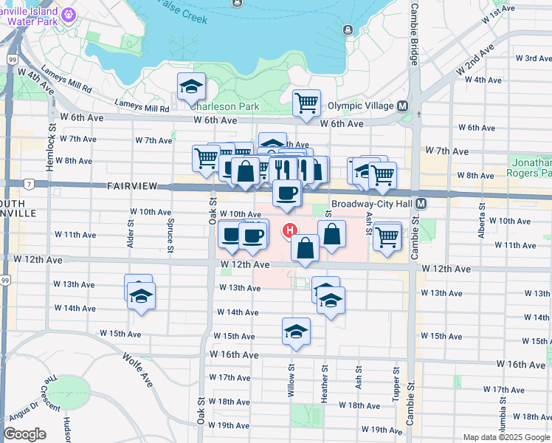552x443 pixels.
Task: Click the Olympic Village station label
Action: coord(361,106)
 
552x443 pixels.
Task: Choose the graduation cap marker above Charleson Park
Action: coord(191,87)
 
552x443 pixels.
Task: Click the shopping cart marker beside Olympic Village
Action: coord(306,103)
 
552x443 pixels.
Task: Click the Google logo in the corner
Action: coord(24,434)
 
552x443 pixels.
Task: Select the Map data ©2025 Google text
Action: coord(507,437)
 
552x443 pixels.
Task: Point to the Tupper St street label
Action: coord(396,384)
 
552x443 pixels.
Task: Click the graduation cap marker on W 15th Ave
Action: coord(296,332)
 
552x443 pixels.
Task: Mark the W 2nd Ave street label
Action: coord(474,60)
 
